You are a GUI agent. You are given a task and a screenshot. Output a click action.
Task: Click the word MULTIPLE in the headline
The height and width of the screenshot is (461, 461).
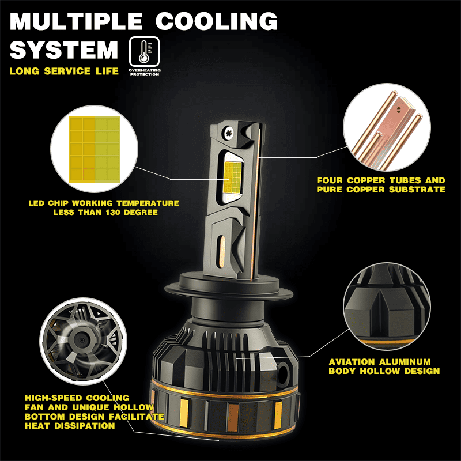pos(75,22)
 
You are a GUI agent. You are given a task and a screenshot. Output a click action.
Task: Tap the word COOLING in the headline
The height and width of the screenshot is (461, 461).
pos(217,22)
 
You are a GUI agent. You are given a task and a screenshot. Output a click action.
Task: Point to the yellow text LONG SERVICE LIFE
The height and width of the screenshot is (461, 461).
pos(64,71)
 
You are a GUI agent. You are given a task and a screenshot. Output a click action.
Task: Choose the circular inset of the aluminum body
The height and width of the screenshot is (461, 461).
pos(387,306)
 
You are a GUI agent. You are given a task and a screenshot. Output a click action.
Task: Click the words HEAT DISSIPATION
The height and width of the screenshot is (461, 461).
pos(70,426)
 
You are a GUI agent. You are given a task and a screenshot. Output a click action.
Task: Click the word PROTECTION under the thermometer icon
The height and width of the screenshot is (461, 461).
pos(145,75)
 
